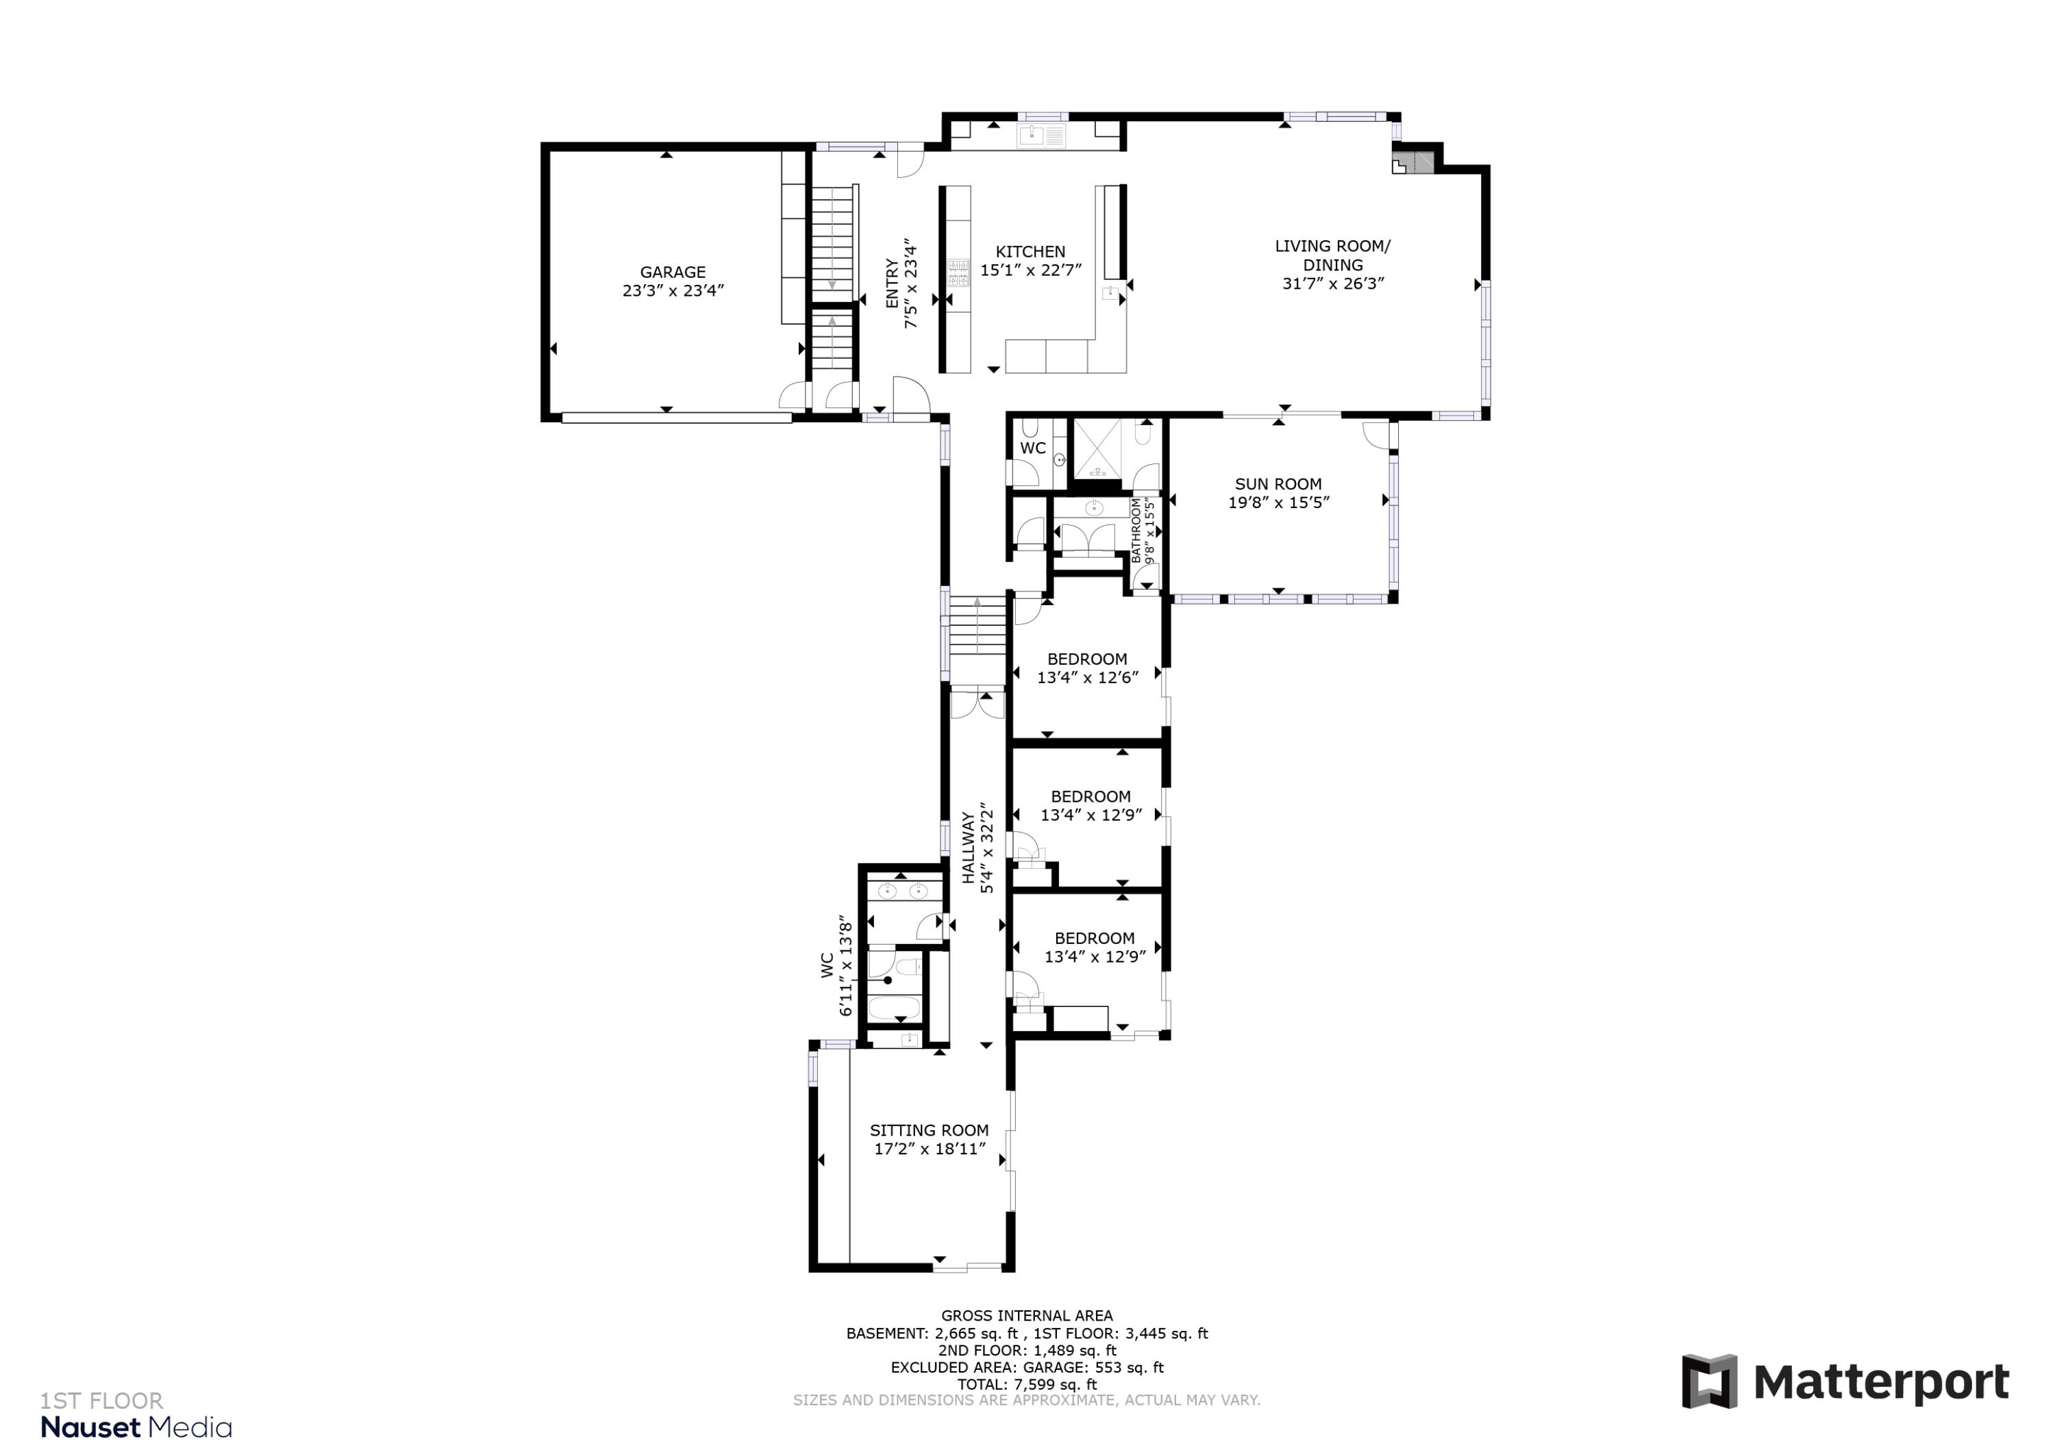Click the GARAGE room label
672,272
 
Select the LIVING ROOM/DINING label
1333,255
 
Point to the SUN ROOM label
1278,484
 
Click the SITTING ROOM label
929,1130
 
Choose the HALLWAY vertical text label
967,848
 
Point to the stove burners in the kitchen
958,273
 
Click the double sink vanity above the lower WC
902,891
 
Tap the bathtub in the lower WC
893,1008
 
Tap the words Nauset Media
136,1428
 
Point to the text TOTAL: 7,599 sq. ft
1027,1385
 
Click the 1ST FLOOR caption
101,1401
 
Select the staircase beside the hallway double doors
977,626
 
